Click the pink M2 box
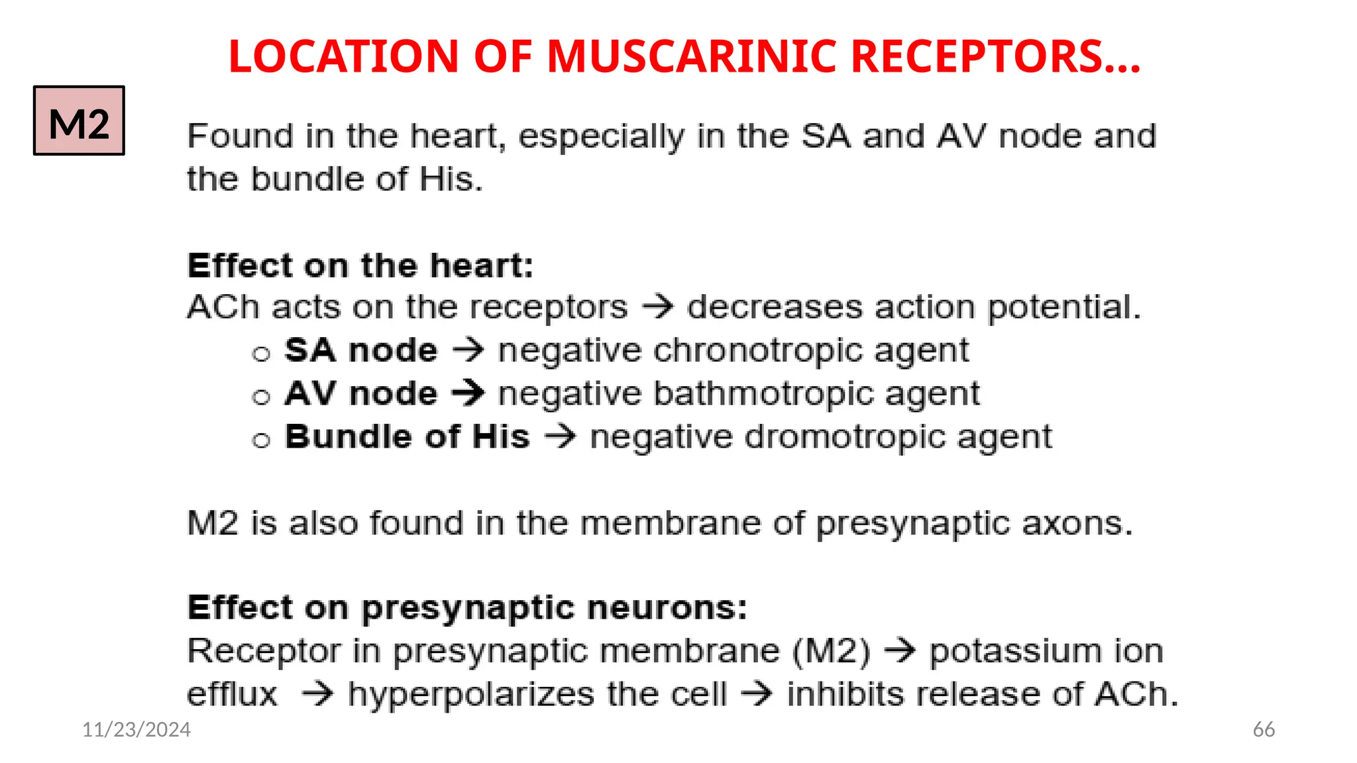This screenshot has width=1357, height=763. coord(79,121)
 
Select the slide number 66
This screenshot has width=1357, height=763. coord(1264,729)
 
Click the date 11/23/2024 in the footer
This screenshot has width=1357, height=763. coord(136,729)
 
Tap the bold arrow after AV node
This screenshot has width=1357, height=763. coord(468,393)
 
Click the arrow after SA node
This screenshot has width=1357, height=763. coord(468,350)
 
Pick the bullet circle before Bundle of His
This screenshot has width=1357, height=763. coord(262,440)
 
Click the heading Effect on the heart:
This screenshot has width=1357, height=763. coord(360,266)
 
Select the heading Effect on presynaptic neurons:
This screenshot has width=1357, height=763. coord(467,607)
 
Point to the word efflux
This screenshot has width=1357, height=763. coord(232,694)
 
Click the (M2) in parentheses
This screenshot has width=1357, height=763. coord(832,651)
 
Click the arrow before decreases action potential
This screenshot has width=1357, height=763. coord(658,307)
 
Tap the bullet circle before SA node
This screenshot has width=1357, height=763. coord(262,354)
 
